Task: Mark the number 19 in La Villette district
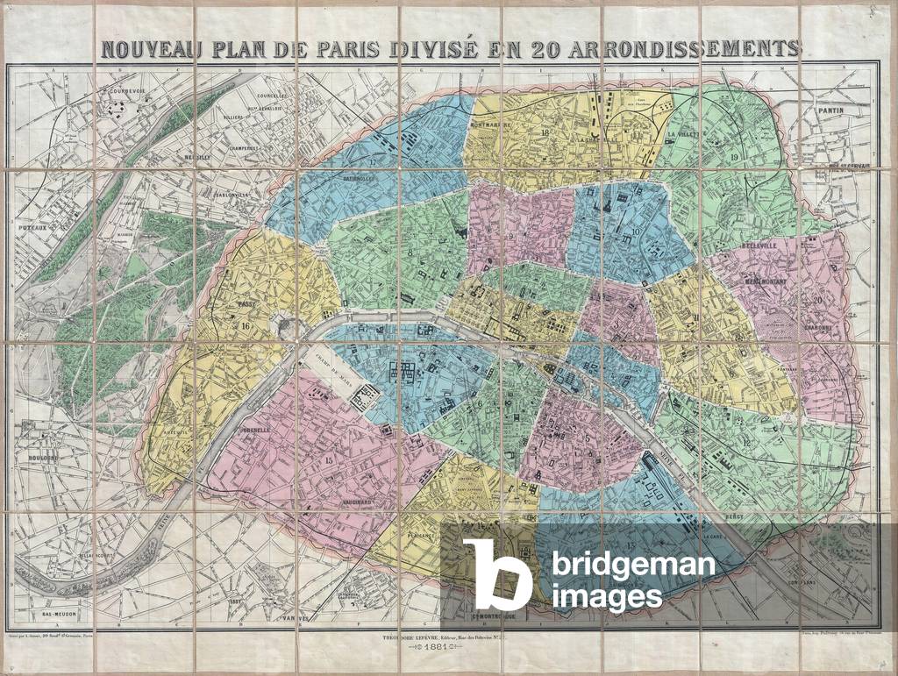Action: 733,156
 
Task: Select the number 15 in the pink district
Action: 330,460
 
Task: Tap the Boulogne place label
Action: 40,458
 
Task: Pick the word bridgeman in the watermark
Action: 633,565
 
